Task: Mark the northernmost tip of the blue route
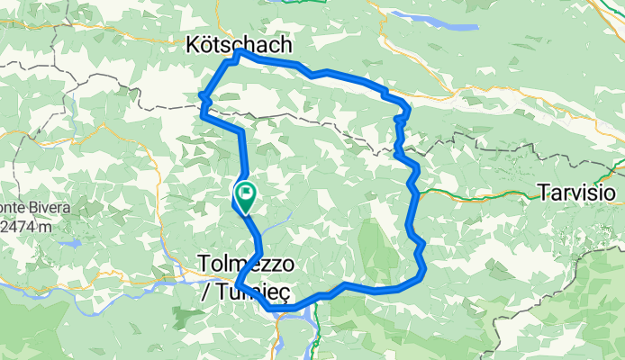(237, 53)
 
